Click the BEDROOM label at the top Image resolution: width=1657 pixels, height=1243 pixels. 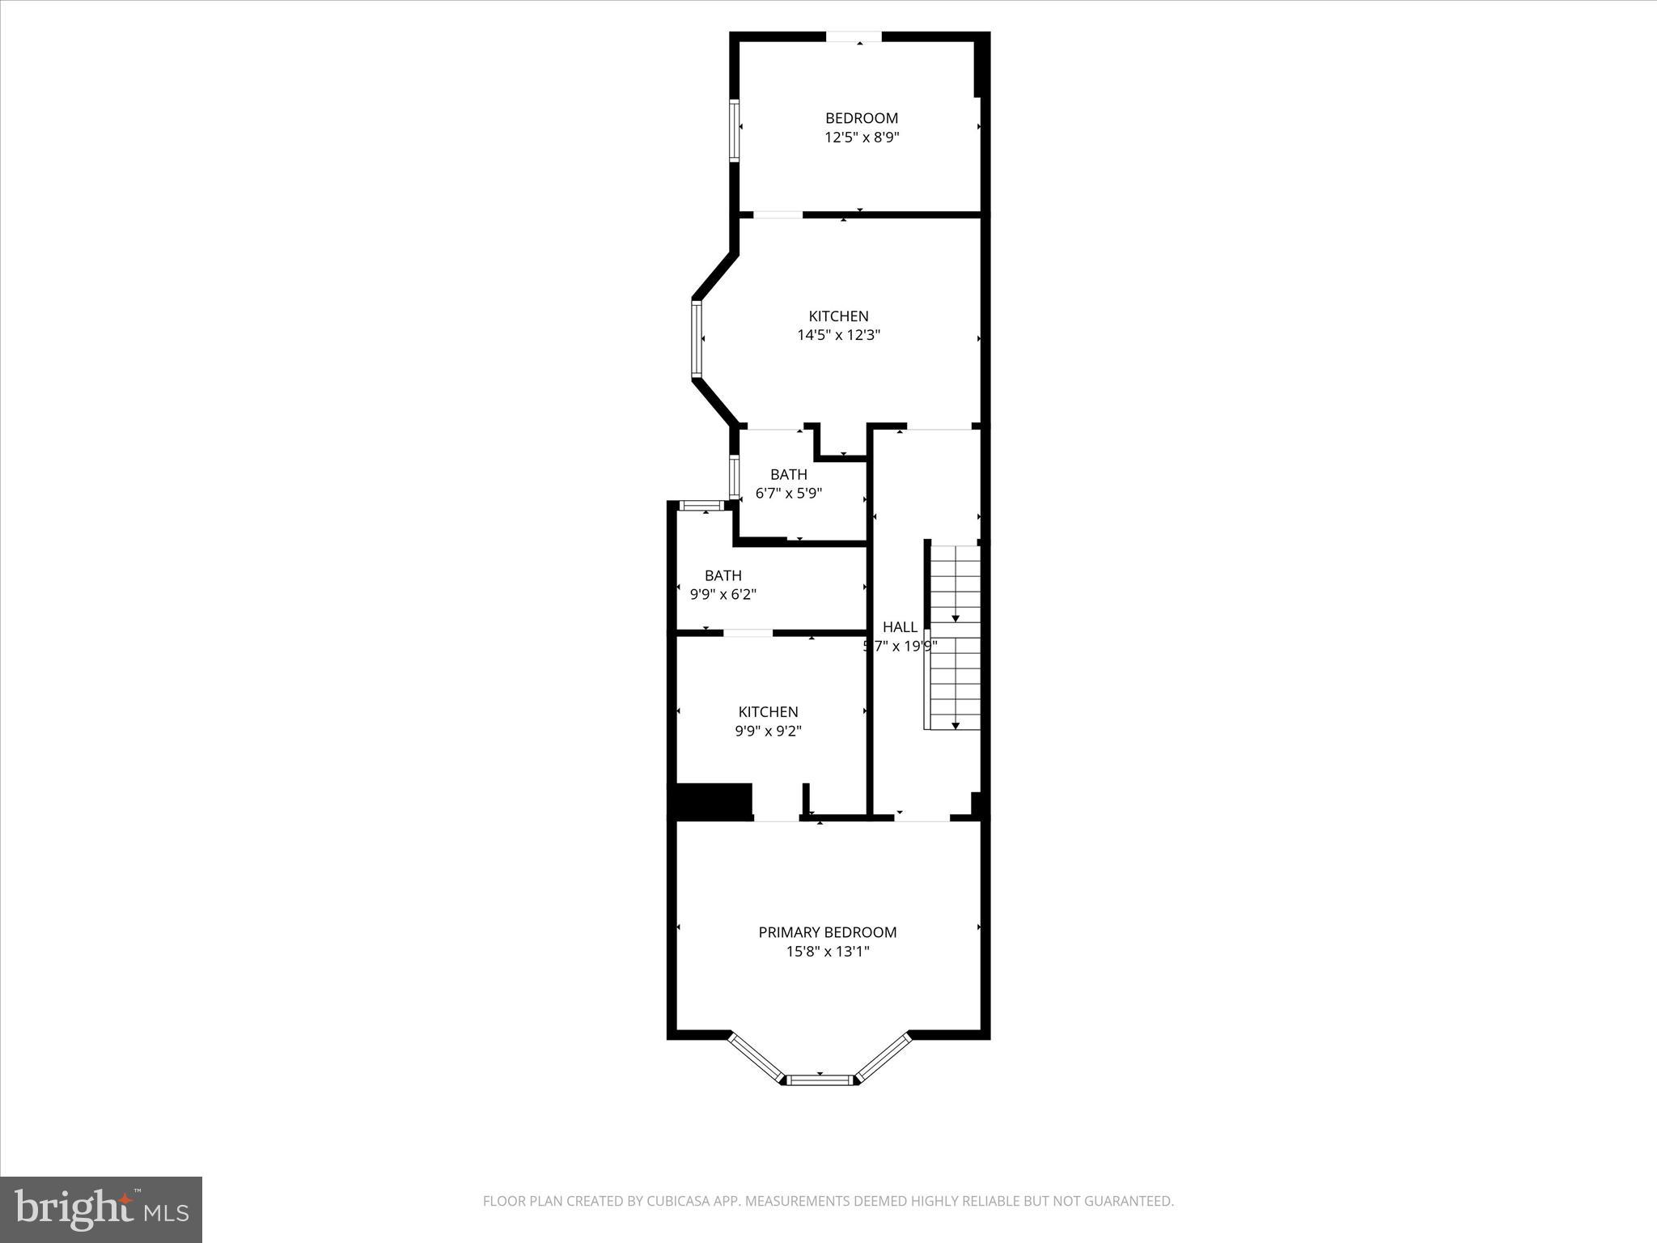(x=861, y=118)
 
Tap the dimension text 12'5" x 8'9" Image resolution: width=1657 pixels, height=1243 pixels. (x=861, y=138)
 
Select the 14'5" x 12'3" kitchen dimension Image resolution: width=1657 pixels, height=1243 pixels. (x=838, y=335)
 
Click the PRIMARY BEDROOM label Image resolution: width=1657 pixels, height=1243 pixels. (x=827, y=932)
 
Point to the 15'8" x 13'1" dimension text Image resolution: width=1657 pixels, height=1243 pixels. (x=827, y=952)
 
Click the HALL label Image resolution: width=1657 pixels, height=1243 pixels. (x=900, y=627)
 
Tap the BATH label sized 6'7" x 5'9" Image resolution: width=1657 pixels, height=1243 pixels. (x=788, y=475)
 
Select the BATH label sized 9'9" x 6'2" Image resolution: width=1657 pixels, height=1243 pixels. (x=723, y=576)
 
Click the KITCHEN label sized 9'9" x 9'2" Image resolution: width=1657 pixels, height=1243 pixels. (x=768, y=712)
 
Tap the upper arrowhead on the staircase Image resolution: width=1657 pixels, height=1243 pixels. (x=955, y=618)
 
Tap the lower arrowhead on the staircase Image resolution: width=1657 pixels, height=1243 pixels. (x=955, y=726)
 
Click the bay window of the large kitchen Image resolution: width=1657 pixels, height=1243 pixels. (x=696, y=338)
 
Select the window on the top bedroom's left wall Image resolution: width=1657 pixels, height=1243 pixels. (x=735, y=131)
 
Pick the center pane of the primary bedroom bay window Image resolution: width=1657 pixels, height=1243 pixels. (x=820, y=1079)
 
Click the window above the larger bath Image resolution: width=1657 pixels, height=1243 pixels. (x=701, y=506)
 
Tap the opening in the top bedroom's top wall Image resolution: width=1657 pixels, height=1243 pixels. (x=853, y=36)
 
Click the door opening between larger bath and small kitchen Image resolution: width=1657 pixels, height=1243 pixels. (x=748, y=632)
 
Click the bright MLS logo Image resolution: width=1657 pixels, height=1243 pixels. (x=101, y=1210)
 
